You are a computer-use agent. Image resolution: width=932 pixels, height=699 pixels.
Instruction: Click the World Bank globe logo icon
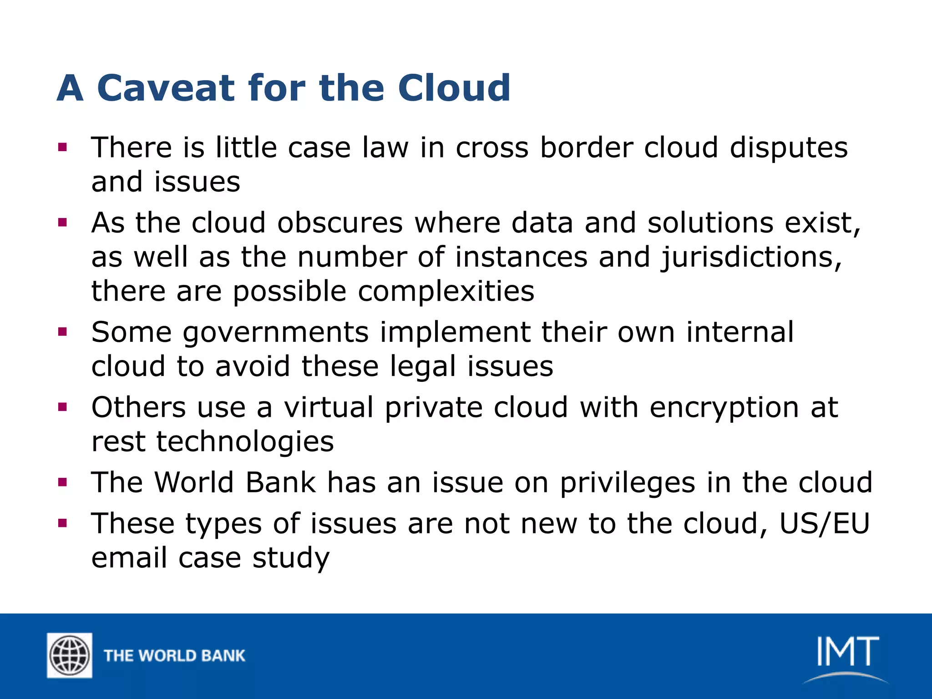[70, 655]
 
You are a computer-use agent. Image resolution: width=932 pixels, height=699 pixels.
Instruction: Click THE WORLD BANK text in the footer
[174, 656]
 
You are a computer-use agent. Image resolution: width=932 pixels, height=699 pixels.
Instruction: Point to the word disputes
[789, 148]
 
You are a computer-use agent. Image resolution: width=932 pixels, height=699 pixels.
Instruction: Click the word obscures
[340, 223]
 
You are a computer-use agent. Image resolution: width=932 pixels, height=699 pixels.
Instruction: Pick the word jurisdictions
[751, 258]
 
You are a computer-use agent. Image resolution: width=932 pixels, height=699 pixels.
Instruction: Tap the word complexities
[446, 292]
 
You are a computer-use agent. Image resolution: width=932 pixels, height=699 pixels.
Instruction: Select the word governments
[275, 333]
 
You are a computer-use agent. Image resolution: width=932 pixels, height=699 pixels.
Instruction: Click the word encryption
[724, 408]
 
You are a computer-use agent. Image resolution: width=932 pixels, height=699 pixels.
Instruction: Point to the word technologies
[245, 442]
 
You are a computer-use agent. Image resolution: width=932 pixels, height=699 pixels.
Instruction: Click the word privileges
[627, 483]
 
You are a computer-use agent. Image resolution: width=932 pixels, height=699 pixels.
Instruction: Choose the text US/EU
[824, 524]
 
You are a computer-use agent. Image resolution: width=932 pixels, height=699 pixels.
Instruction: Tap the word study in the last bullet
[291, 558]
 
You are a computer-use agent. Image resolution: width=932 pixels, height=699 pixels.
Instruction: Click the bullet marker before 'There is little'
[63, 147]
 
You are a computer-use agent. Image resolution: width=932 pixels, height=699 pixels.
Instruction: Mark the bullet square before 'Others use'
[63, 407]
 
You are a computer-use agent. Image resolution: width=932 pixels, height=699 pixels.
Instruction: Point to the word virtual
[329, 407]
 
